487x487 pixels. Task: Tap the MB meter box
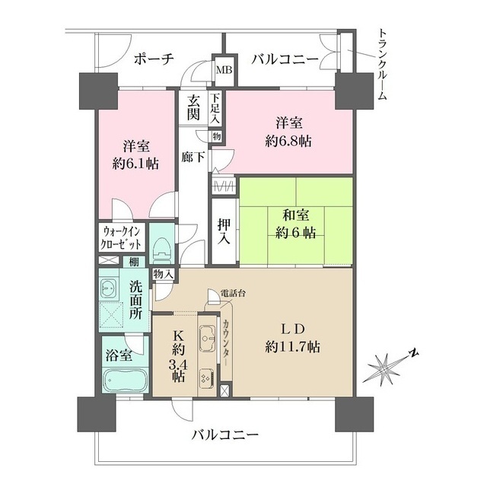224,70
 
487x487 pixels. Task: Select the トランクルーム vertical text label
382,65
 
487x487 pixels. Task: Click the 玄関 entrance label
194,107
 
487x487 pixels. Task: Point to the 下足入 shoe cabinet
215,107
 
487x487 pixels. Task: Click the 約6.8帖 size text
288,141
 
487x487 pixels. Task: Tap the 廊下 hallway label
192,158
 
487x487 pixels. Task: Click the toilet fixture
161,246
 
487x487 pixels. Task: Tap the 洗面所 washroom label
136,300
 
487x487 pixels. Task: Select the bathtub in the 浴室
122,380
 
